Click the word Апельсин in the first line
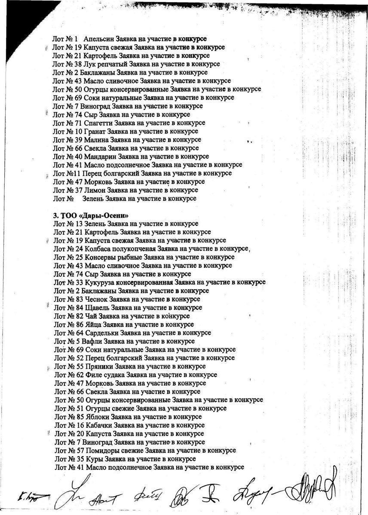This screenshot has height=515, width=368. coord(98,39)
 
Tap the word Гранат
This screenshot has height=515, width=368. coord(95,131)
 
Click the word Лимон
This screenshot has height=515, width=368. coord(94,190)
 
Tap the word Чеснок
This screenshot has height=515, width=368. coord(97,299)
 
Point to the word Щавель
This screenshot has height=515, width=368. coord(98,308)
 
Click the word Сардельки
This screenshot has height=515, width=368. coord(101,333)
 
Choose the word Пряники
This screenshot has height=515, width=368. coord(99,367)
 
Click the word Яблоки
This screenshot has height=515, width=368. coord(98,417)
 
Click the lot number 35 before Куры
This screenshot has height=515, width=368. coord(80,459)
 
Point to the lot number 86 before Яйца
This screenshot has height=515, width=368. coord(80,324)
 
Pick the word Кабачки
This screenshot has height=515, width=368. coord(99,425)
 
